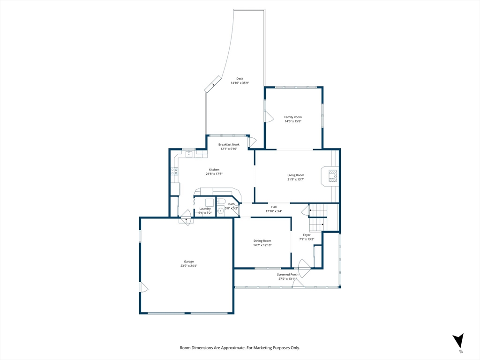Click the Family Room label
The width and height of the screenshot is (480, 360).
tap(293, 117)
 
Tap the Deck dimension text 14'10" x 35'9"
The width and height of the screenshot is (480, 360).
tap(240, 82)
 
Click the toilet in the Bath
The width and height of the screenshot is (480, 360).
tap(221, 201)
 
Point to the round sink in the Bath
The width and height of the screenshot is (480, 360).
tap(220, 211)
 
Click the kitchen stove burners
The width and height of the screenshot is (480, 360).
tap(174, 172)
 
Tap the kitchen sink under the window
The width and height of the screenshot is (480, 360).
tap(189, 153)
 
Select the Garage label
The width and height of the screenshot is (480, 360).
tap(189, 262)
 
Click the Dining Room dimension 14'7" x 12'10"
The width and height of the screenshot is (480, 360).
tap(262, 245)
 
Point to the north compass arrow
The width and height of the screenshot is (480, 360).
tap(458, 340)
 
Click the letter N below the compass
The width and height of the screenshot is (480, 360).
tap(461, 352)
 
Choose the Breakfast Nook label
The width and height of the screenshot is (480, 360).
tap(229, 144)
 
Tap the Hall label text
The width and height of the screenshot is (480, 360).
tap(274, 207)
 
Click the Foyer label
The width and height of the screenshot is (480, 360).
tap(307, 235)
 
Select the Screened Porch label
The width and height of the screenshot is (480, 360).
tap(287, 275)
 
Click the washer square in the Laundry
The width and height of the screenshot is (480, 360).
tap(210, 202)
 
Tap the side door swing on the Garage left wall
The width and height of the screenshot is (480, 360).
tap(144, 287)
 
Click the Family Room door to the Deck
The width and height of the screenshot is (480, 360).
tap(269, 116)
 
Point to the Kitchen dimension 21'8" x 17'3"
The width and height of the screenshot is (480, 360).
tap(214, 173)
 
